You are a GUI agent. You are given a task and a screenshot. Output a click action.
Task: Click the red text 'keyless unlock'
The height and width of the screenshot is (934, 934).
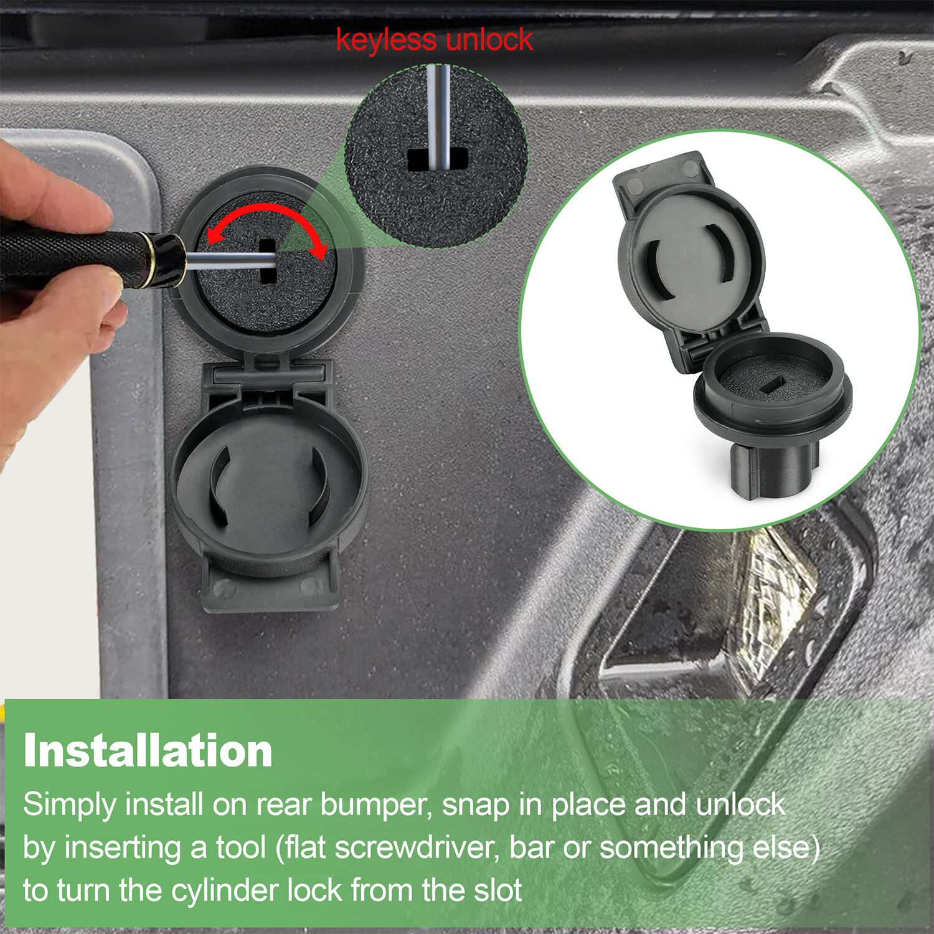coord(434,40)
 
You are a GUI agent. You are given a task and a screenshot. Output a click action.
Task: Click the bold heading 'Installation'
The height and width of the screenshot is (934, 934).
coord(148,751)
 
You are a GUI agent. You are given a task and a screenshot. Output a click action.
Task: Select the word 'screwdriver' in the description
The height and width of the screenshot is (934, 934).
coord(413,847)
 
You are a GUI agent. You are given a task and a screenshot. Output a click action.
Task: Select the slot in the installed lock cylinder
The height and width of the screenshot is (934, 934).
coord(268,262)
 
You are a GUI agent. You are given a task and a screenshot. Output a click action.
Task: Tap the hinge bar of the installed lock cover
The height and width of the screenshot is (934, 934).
coord(268,374)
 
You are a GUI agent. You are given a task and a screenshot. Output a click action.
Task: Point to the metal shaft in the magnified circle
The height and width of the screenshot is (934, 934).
coord(438,112)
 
